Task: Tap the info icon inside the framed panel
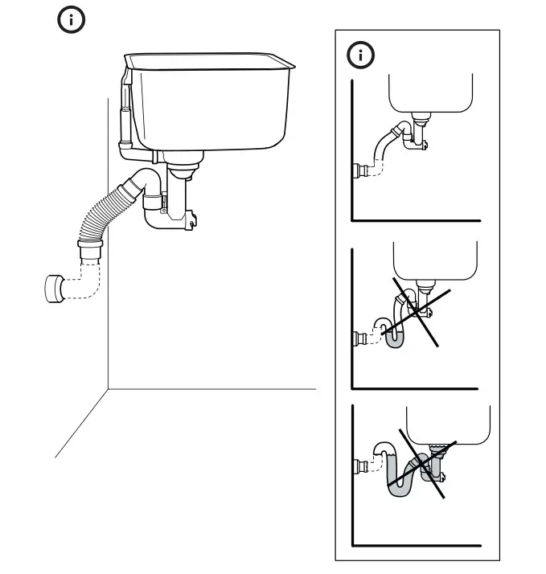pos(360,55)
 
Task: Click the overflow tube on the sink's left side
pos(124,113)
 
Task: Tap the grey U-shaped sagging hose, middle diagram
pos(395,338)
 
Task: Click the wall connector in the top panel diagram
pos(361,171)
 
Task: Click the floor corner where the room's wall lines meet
pos(108,389)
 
